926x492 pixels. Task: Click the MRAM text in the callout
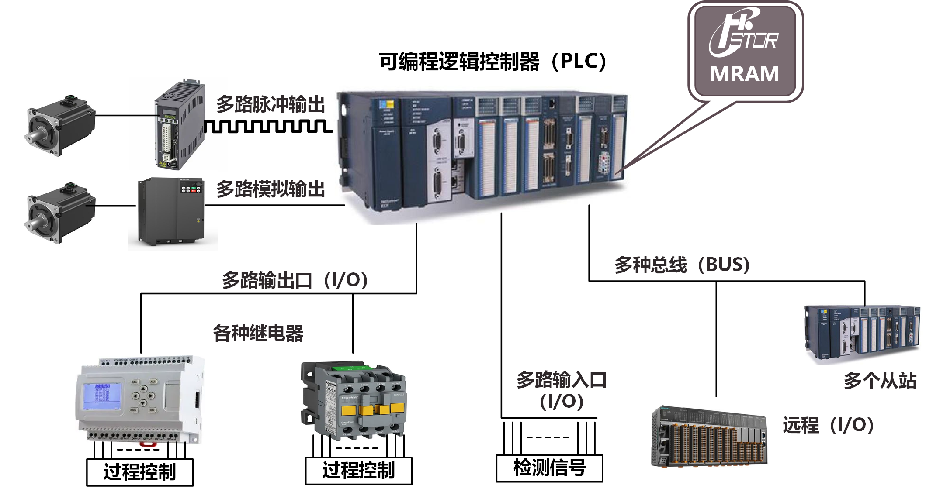[745, 74]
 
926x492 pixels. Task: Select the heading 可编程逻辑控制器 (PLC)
[492, 62]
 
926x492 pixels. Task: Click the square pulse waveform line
[268, 126]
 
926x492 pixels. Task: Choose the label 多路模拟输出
[271, 189]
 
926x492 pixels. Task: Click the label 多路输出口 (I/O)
[295, 280]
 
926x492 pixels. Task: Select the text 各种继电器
[258, 334]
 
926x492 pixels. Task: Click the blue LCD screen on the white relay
[103, 396]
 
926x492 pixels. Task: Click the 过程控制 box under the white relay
[140, 472]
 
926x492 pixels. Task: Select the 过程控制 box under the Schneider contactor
[358, 471]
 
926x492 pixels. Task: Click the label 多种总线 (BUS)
[682, 265]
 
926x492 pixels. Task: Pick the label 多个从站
[879, 381]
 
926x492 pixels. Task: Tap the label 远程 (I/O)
[828, 425]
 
